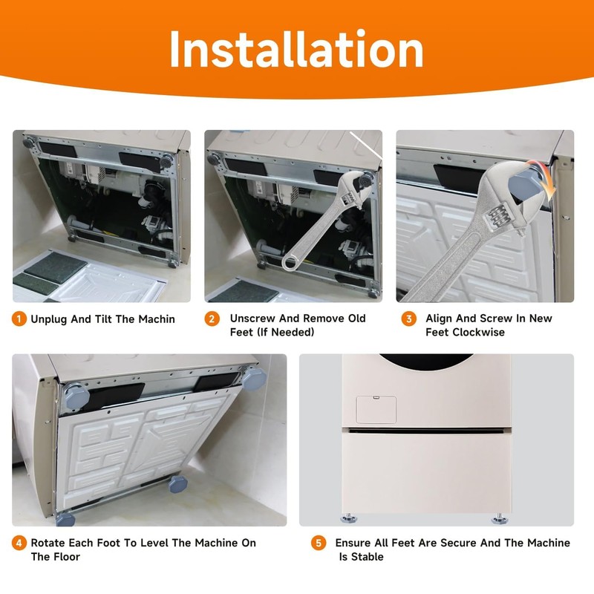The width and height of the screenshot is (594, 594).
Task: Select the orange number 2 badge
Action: [212, 319]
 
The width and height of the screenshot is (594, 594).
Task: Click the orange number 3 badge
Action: [408, 319]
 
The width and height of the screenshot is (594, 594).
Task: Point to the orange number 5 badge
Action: [319, 544]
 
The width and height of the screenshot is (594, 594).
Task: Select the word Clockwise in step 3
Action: [478, 332]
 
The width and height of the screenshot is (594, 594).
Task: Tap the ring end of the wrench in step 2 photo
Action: [293, 260]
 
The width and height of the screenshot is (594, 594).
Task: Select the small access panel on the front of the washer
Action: [376, 410]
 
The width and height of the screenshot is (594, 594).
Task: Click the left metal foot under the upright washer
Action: [346, 518]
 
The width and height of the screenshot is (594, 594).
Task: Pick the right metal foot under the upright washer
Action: [501, 518]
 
